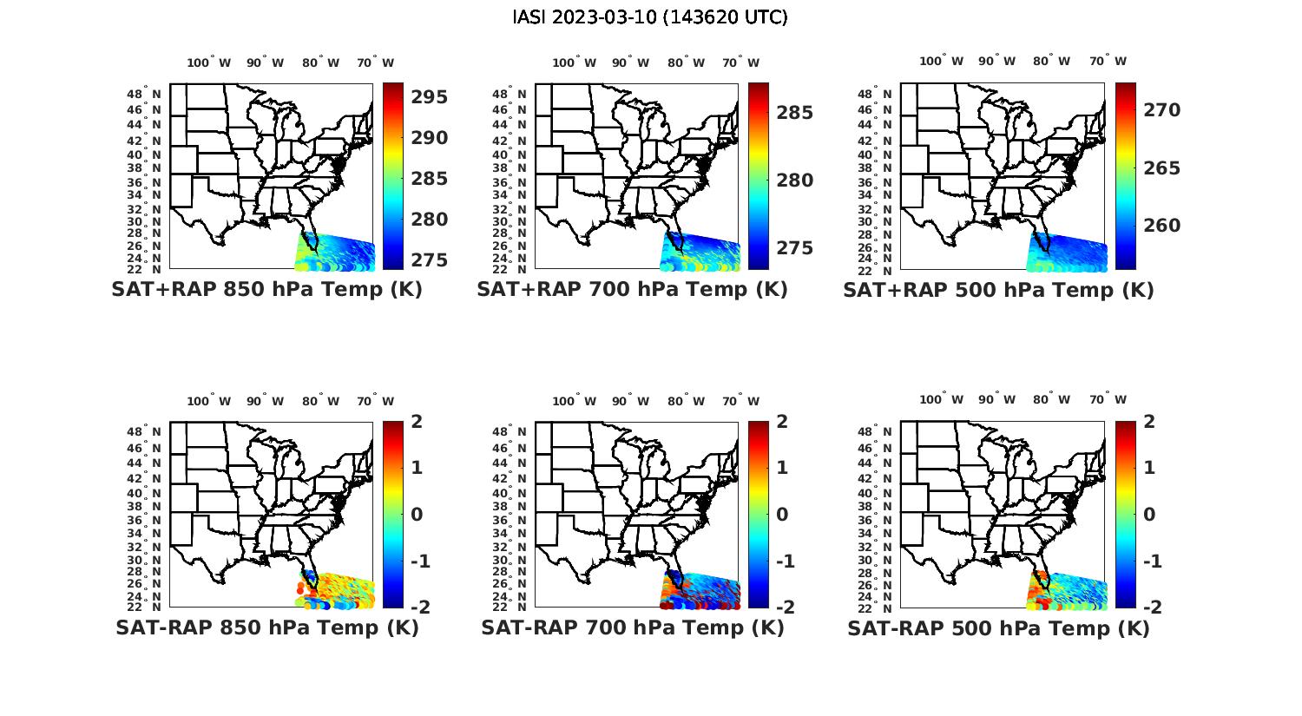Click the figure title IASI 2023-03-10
click(x=650, y=17)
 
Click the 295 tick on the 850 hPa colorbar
click(x=430, y=97)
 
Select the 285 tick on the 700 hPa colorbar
click(x=795, y=113)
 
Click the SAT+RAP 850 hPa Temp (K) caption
click(x=266, y=290)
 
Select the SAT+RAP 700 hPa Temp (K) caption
click(x=632, y=290)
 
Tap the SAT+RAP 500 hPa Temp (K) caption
click(x=998, y=290)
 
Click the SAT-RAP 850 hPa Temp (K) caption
click(x=266, y=627)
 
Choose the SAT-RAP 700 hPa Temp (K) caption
click(x=632, y=627)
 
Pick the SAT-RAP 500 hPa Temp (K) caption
click(x=998, y=627)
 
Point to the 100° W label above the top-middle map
click(x=574, y=62)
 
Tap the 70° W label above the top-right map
click(x=1108, y=61)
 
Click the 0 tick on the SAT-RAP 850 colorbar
click(x=417, y=514)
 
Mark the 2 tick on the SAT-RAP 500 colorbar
click(x=1149, y=422)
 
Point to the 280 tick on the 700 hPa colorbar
click(x=795, y=181)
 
